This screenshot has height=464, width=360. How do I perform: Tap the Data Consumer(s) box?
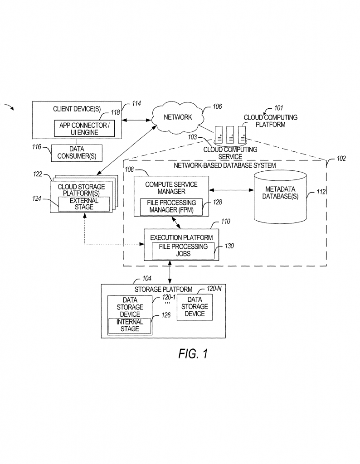[76, 153]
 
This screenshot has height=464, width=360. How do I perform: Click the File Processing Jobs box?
[183, 250]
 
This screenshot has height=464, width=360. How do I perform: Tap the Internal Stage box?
[130, 326]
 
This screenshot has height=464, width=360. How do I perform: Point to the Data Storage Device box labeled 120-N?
[195, 307]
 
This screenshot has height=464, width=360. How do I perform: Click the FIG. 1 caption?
[193, 353]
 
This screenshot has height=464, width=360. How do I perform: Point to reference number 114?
[136, 104]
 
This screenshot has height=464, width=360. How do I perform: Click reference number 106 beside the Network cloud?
[217, 107]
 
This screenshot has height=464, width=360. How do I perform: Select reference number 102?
[341, 159]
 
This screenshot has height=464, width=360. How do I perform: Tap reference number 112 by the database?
[321, 192]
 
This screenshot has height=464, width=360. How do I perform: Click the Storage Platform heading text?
[163, 290]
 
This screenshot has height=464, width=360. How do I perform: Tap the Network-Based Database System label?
[224, 165]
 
